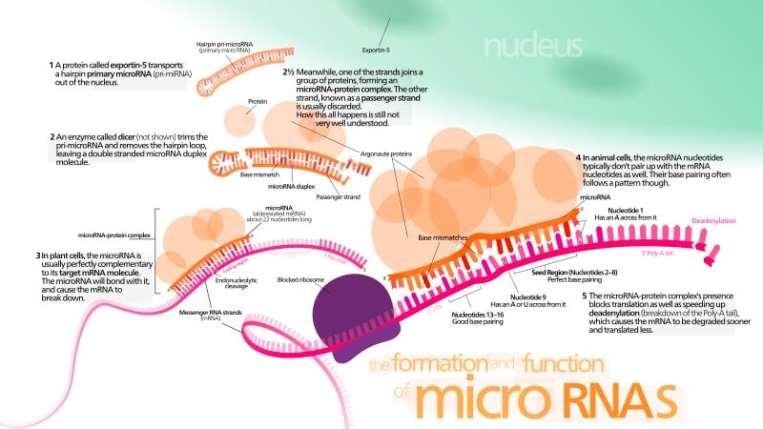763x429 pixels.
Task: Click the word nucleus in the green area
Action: [533, 45]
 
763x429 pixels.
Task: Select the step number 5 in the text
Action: [585, 295]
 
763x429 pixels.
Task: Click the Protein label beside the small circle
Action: [256, 100]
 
